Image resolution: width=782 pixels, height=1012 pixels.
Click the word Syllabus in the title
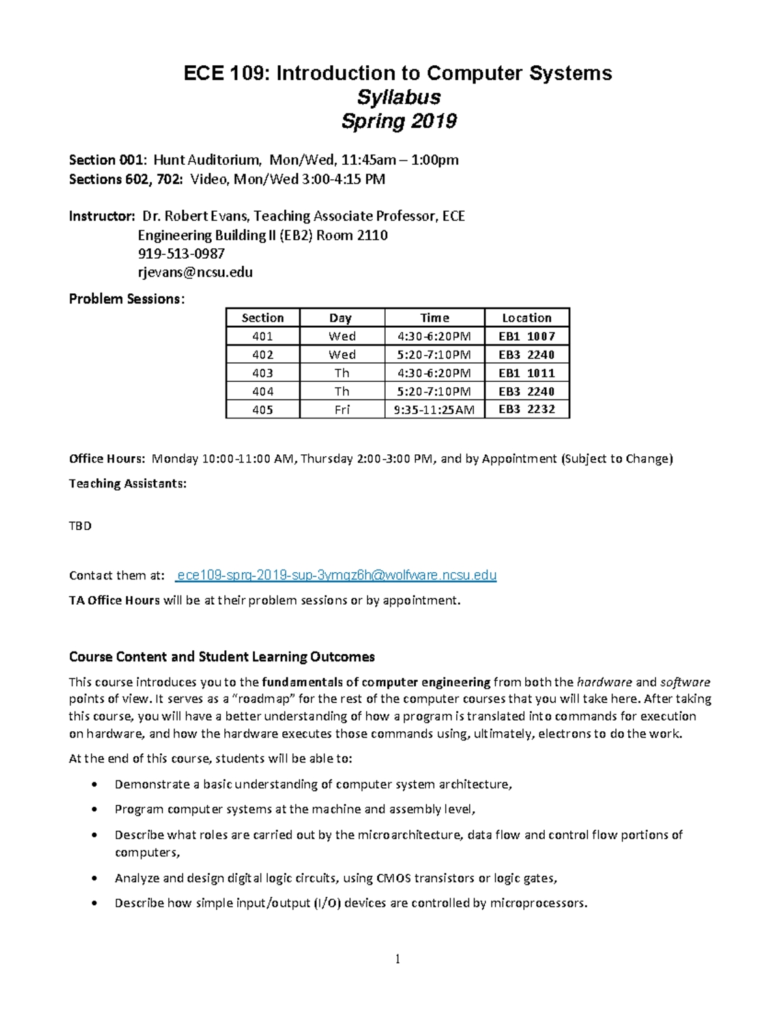pyautogui.click(x=398, y=97)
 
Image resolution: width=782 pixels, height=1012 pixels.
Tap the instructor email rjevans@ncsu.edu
pyautogui.click(x=195, y=272)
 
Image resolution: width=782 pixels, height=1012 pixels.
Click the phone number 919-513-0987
pyautogui.click(x=181, y=253)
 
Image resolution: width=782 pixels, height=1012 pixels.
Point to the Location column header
pyautogui.click(x=527, y=318)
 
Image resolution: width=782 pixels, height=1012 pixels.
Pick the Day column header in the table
pyautogui.click(x=341, y=318)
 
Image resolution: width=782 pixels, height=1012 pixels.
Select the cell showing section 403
pyautogui.click(x=263, y=373)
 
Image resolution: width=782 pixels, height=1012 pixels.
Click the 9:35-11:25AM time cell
pyautogui.click(x=434, y=410)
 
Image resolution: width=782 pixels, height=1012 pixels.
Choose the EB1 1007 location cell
pyautogui.click(x=527, y=336)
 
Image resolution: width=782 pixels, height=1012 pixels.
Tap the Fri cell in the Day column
pyautogui.click(x=341, y=410)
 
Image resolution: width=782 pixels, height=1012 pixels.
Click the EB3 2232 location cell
pyautogui.click(x=527, y=410)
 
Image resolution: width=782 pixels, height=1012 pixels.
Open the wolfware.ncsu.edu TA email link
pyautogui.click(x=337, y=575)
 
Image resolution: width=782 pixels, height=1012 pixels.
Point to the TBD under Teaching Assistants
pyautogui.click(x=80, y=526)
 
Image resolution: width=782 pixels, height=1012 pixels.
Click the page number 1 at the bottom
pyautogui.click(x=398, y=959)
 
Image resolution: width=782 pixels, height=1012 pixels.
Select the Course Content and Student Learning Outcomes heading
pyautogui.click(x=222, y=656)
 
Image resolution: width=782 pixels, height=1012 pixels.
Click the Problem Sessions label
pyautogui.click(x=126, y=299)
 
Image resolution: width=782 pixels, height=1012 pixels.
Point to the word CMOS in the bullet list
pyautogui.click(x=394, y=878)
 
